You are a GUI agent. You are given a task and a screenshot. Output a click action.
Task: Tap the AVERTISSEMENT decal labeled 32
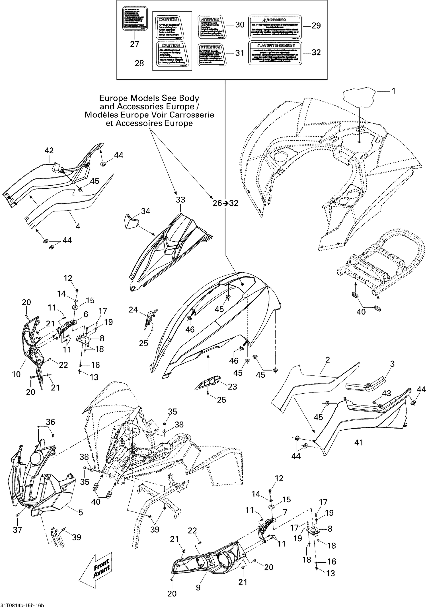275,53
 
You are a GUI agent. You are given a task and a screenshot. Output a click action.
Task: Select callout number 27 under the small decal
134,44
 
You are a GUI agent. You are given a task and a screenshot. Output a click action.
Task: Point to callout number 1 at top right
393,91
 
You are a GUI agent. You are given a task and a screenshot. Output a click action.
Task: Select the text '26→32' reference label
225,203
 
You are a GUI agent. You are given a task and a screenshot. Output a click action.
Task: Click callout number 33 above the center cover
180,200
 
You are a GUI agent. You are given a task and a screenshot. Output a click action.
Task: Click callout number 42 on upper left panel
49,150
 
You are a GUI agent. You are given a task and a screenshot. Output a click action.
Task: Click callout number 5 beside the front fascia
81,512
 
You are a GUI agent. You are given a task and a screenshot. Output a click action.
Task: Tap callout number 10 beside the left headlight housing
16,374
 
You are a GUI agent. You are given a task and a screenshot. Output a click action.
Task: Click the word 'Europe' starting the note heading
113,98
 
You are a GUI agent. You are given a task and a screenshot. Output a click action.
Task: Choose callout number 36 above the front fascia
50,422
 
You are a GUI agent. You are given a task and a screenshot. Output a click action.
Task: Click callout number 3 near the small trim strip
392,364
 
